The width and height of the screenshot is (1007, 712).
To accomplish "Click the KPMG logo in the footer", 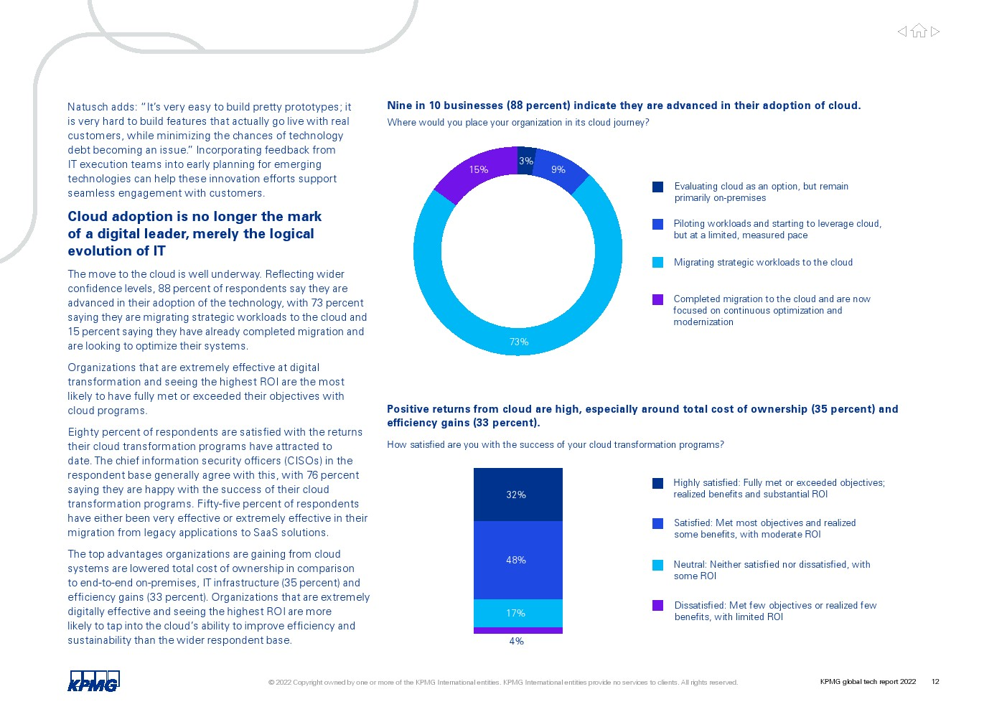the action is (93, 680).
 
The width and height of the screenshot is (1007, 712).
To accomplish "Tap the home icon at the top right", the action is (919, 31).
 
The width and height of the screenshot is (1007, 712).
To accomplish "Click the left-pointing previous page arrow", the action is (901, 32).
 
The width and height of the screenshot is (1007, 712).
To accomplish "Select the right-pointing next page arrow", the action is (935, 32).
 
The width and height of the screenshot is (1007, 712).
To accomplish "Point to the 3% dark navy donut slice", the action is (526, 161).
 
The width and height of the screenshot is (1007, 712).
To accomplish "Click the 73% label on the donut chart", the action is (518, 342).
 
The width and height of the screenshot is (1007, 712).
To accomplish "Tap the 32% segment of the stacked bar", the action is (518, 495).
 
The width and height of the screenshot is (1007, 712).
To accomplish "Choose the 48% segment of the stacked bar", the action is (518, 560).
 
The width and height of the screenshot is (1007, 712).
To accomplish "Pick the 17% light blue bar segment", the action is (518, 613).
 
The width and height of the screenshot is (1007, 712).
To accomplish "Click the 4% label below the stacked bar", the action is (516, 642).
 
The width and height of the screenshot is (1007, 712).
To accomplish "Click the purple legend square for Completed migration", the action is (657, 299).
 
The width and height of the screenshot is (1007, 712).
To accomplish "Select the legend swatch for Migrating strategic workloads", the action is (657, 263).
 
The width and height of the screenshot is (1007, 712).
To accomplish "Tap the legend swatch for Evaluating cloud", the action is (657, 187).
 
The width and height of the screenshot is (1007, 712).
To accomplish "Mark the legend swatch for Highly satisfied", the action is (657, 483).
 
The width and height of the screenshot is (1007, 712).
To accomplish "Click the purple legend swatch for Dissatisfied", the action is (657, 606).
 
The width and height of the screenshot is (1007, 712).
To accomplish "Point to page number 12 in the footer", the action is (935, 681).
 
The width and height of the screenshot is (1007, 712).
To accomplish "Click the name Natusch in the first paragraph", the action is (85, 107).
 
